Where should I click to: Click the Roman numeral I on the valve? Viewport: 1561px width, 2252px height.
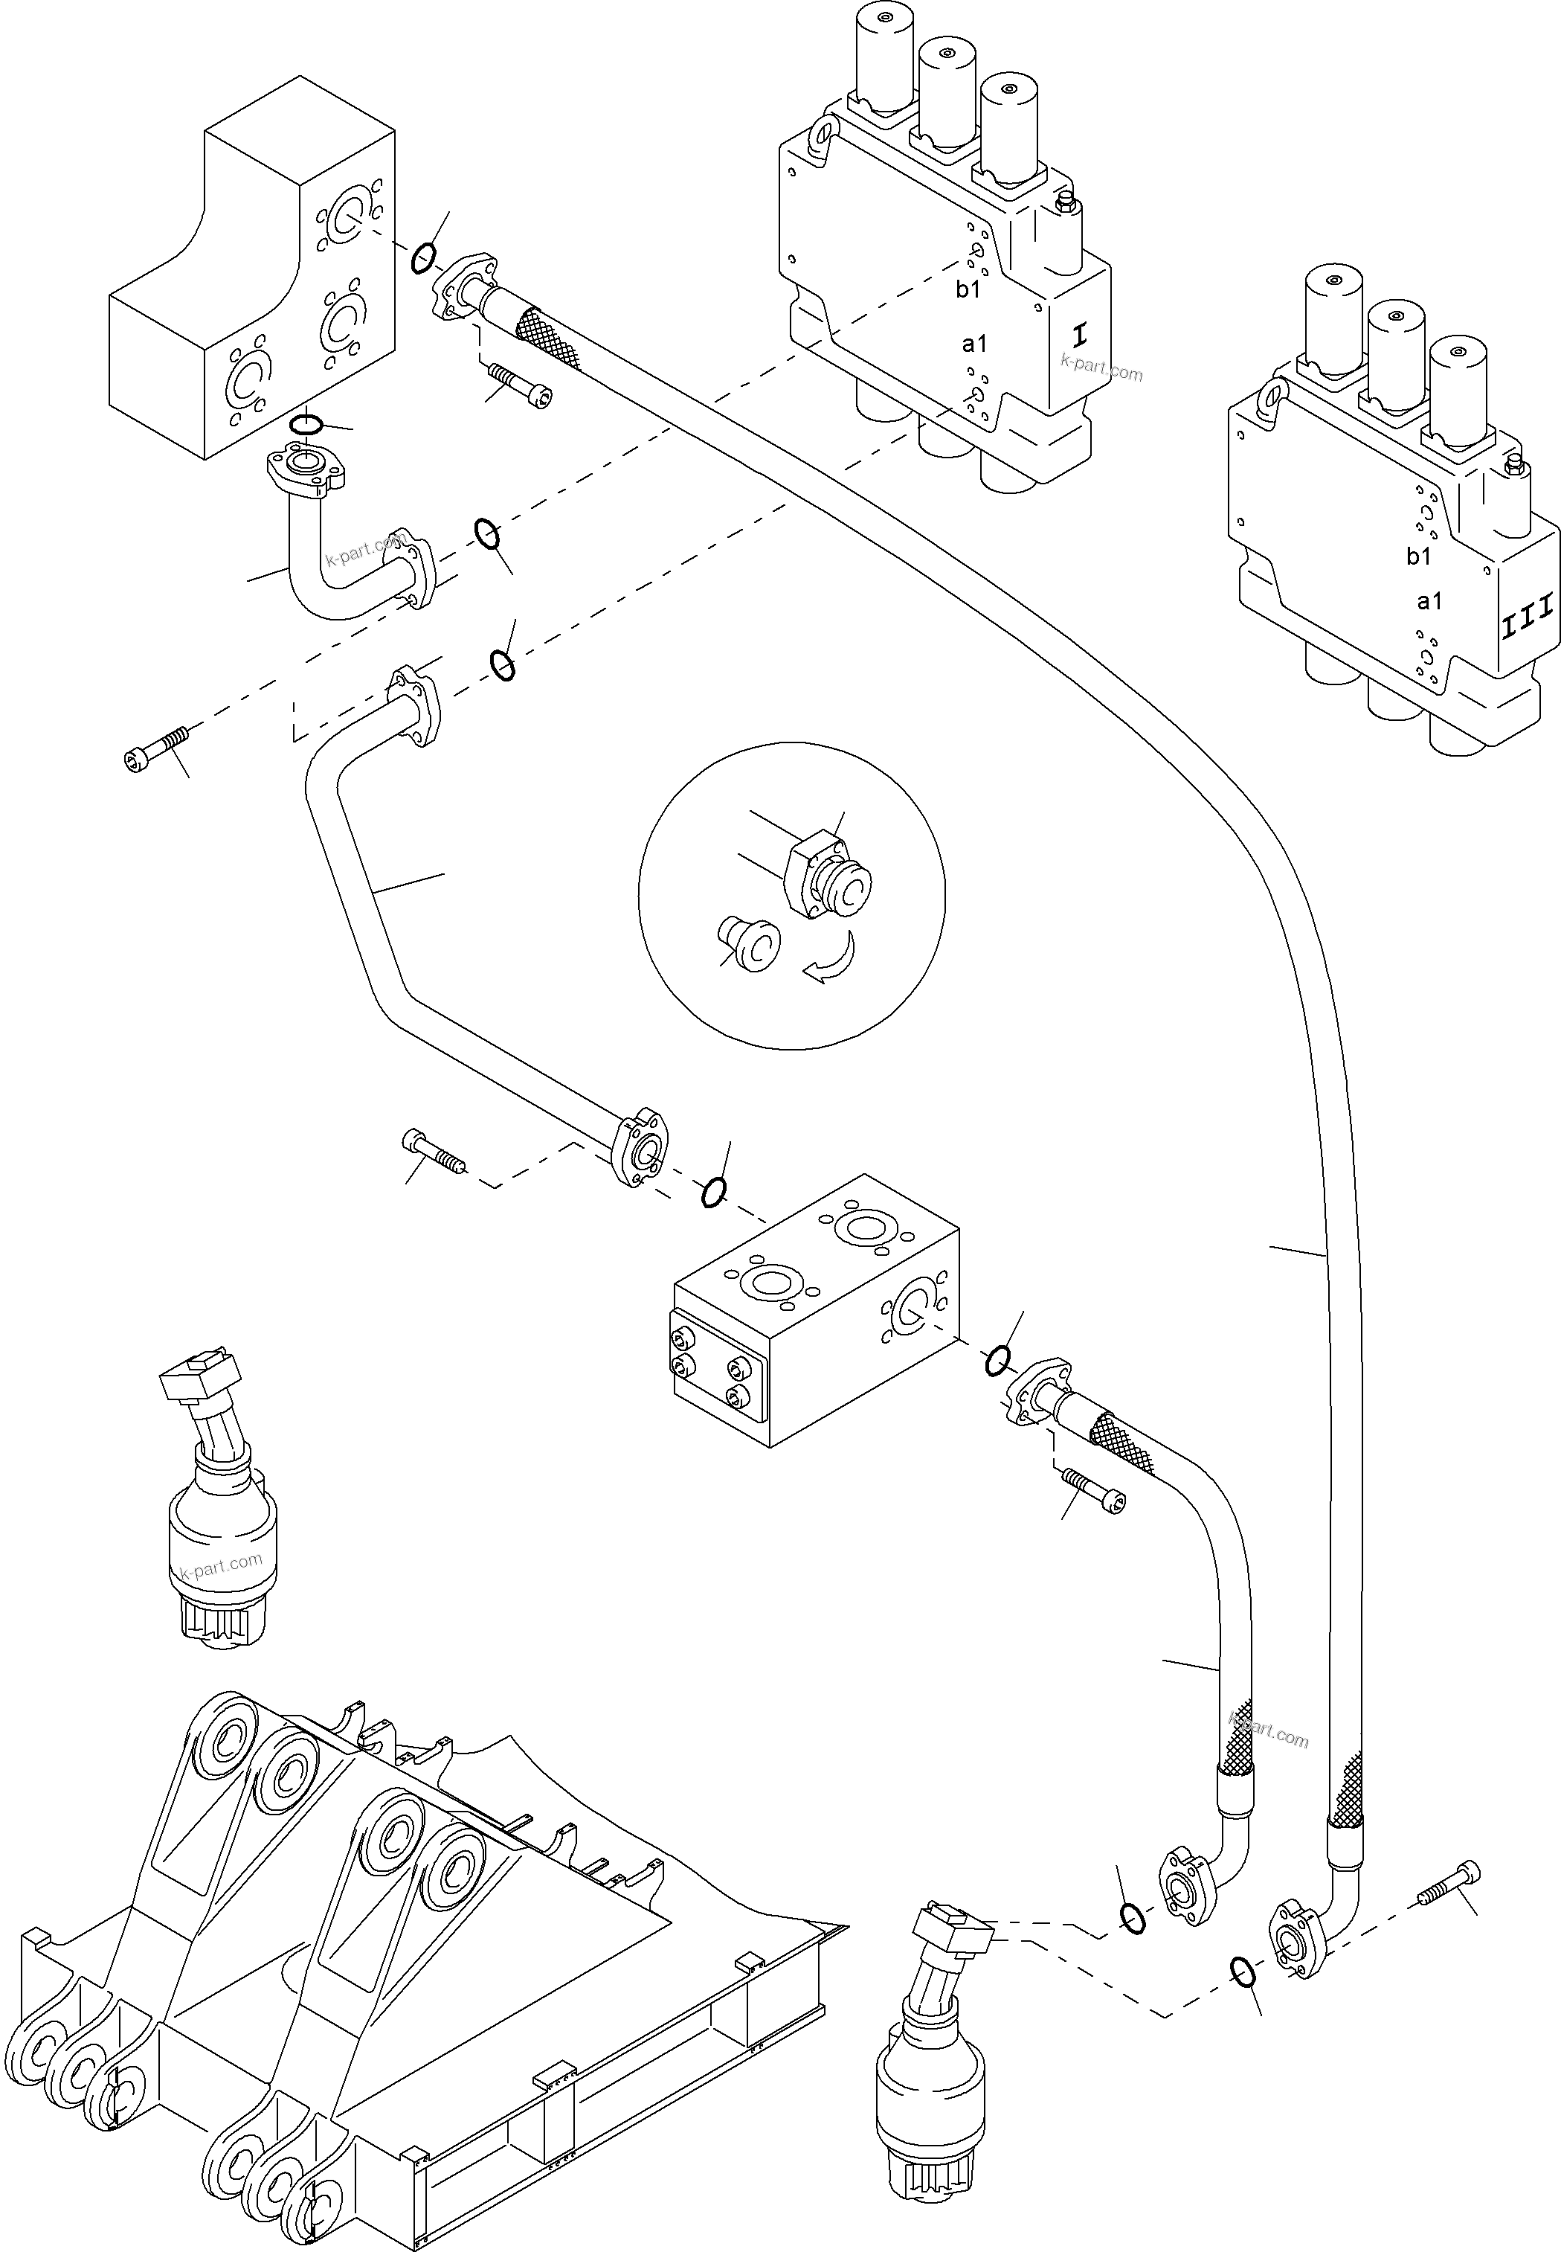pos(1079,336)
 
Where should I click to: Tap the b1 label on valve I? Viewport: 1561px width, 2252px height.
pos(968,289)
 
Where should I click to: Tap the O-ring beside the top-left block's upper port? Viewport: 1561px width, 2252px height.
pos(422,257)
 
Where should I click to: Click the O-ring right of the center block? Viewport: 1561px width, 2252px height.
pos(997,1361)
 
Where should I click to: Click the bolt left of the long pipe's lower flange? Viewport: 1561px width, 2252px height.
pos(434,1152)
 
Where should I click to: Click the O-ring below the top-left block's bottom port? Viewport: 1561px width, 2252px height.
pos(307,423)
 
